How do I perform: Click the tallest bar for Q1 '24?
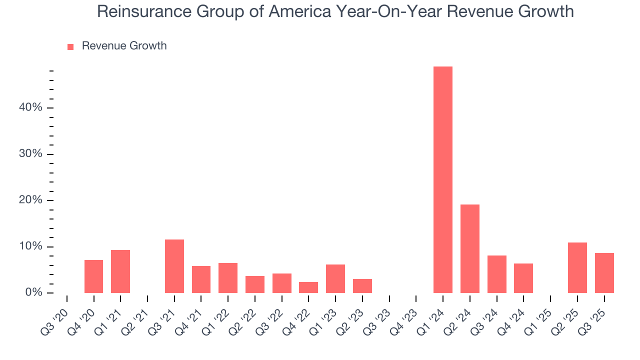click(442, 179)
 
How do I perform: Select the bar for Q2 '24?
click(469, 248)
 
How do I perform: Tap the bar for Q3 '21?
click(174, 266)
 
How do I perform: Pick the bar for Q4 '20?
click(93, 276)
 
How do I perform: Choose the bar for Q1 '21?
click(120, 271)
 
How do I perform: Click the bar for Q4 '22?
click(308, 287)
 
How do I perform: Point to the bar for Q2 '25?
click(577, 267)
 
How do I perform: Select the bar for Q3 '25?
click(604, 272)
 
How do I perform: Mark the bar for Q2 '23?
click(362, 285)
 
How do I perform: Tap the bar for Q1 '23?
click(335, 278)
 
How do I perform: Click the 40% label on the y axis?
click(31, 108)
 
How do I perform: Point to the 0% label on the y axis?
click(33, 292)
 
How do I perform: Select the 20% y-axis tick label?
click(31, 200)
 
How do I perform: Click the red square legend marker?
click(70, 46)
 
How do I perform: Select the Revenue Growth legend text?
click(124, 46)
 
